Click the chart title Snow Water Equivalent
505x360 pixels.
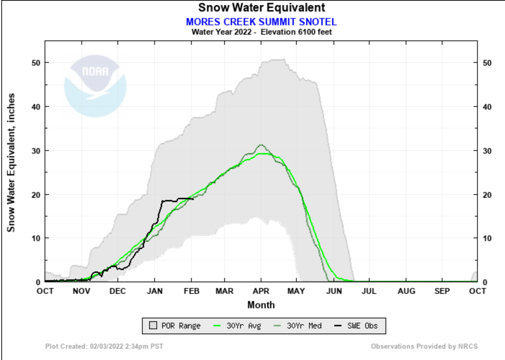pos(261,8)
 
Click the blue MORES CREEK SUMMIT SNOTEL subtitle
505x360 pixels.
pos(261,22)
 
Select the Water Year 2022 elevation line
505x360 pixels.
pos(261,32)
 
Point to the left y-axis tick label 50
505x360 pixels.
pos(37,63)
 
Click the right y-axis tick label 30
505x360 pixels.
pos(486,151)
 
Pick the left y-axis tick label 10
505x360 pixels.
pos(37,238)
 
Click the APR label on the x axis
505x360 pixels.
pos(261,291)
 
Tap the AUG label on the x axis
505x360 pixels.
pos(406,291)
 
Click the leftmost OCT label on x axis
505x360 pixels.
pos(45,291)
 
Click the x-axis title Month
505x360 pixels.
pos(261,305)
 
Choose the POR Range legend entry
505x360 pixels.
pos(175,326)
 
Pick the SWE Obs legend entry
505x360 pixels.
pos(357,326)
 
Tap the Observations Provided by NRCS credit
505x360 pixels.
pos(424,346)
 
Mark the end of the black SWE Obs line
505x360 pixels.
pos(193,199)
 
